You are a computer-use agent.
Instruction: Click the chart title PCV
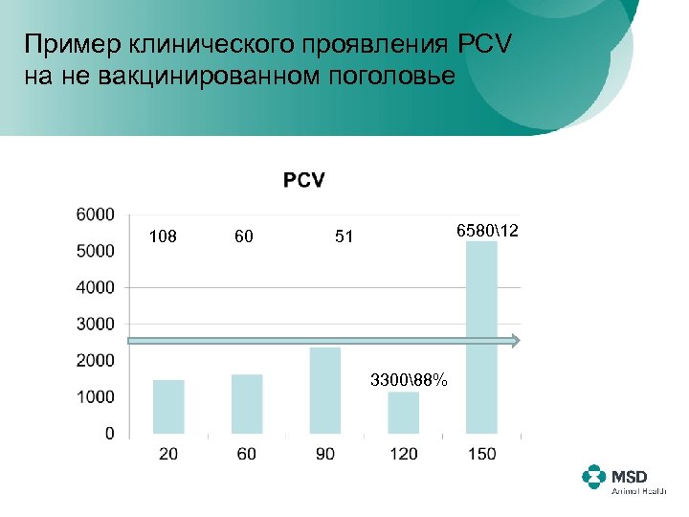pyautogui.click(x=303, y=180)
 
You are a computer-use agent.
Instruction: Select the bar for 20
pyautogui.click(x=168, y=407)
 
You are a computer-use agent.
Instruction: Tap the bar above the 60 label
pyautogui.click(x=247, y=404)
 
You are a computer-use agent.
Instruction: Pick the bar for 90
pyautogui.click(x=325, y=391)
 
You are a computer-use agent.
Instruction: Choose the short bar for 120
pyautogui.click(x=404, y=413)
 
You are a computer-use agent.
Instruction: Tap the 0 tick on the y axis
pyautogui.click(x=109, y=434)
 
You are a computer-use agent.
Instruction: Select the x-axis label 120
pyautogui.click(x=404, y=454)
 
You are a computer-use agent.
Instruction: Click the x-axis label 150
pyautogui.click(x=481, y=454)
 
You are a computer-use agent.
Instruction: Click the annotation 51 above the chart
pyautogui.click(x=344, y=236)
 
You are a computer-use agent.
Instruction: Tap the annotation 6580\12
pyautogui.click(x=487, y=232)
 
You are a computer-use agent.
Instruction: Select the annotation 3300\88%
pyautogui.click(x=409, y=380)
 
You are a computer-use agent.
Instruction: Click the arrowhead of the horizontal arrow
pyautogui.click(x=515, y=340)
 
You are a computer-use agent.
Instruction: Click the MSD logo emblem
pyautogui.click(x=594, y=477)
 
